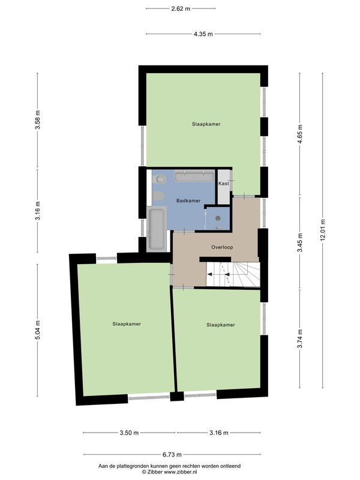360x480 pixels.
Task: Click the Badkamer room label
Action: pos(188,201)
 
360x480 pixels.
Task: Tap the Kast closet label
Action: pos(223,184)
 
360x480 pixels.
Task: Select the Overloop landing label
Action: pos(222,247)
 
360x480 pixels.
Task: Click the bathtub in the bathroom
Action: pos(157,229)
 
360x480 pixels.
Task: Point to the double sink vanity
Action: pos(194,176)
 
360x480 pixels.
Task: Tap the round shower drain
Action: pos(218,218)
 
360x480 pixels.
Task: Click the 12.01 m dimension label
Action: pos(322,230)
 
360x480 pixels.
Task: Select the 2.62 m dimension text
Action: pos(181,8)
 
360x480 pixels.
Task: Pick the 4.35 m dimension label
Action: pos(203,34)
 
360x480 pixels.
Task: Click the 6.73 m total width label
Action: pos(172,455)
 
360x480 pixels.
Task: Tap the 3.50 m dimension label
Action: pos(129,433)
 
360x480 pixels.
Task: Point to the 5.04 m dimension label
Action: pos(38,329)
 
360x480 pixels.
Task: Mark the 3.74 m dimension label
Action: pos(299,338)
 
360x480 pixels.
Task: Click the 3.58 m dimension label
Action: pos(38,119)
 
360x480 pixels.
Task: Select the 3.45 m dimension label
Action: pos(299,242)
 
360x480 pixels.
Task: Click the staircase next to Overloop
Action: pos(233,274)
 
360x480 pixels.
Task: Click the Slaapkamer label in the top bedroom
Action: pos(206,124)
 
